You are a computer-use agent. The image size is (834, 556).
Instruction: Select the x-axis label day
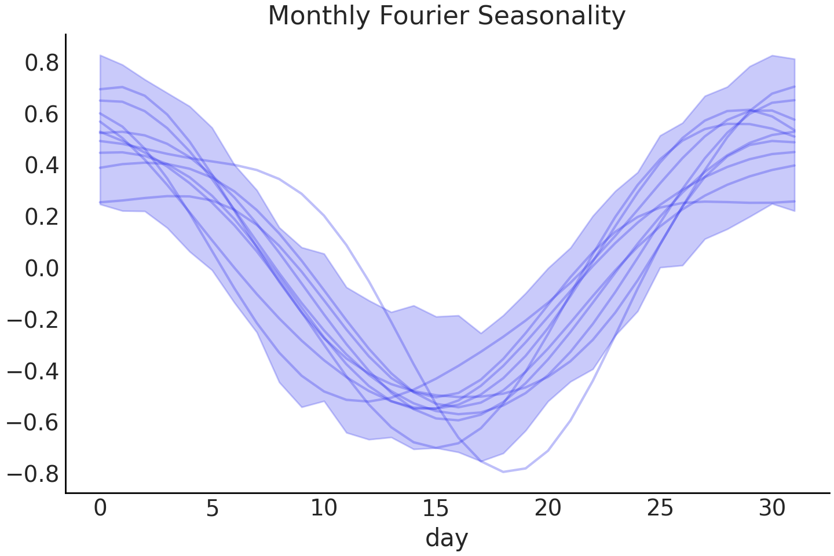tap(447, 538)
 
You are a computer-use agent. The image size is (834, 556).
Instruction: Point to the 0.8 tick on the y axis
tap(42, 63)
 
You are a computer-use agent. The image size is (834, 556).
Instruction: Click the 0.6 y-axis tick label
tap(42, 114)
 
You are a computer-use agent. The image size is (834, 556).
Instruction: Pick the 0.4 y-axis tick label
tap(42, 166)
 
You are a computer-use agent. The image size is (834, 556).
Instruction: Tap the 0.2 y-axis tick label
tap(42, 217)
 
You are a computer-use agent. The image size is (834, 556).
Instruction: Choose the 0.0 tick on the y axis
tap(42, 268)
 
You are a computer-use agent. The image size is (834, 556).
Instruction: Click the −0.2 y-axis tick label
tap(34, 320)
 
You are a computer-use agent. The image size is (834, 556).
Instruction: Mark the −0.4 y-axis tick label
tap(34, 371)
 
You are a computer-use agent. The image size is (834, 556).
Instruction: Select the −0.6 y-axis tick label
tap(34, 422)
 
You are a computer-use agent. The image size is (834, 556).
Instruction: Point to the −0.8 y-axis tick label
tap(34, 474)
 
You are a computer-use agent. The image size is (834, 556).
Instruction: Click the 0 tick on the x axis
tap(100, 508)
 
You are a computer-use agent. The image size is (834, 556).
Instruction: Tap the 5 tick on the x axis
tap(212, 508)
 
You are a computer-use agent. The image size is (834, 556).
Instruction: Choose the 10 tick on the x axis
tap(324, 508)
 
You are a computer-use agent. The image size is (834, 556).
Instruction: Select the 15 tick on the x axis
tap(436, 508)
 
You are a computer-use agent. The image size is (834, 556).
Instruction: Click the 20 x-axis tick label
tap(548, 508)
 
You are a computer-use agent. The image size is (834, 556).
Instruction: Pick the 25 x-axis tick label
tap(660, 508)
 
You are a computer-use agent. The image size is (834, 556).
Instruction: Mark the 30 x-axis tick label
tap(771, 508)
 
